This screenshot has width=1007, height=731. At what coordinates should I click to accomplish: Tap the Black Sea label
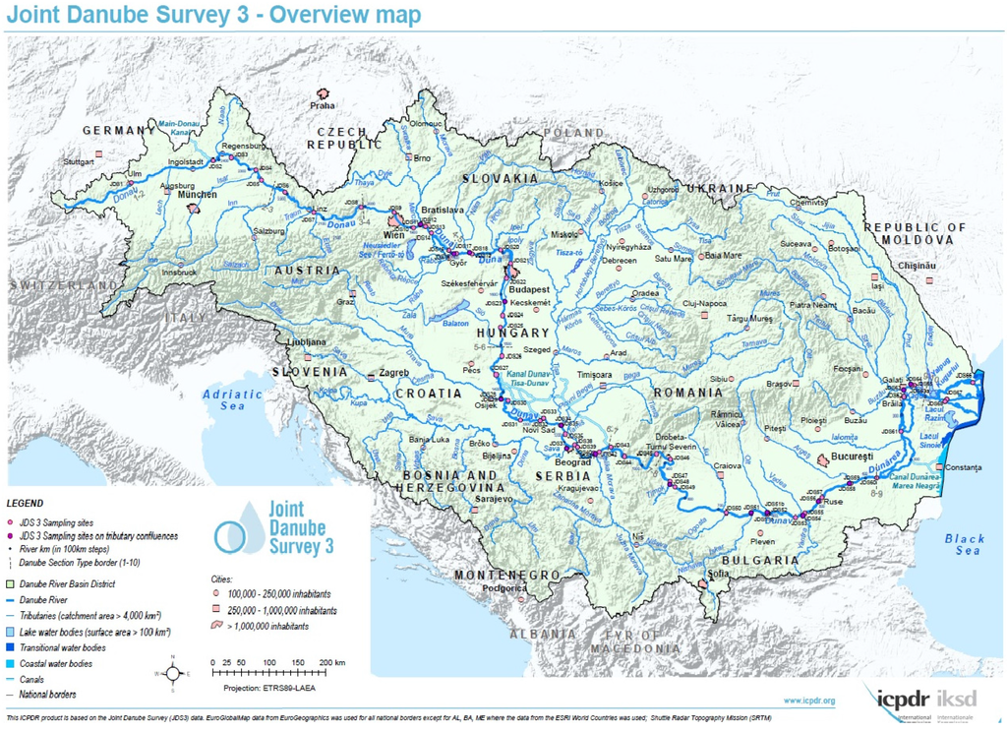963,544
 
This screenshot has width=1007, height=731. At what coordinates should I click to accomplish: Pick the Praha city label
323,105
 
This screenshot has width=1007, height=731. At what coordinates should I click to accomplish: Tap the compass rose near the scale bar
173,673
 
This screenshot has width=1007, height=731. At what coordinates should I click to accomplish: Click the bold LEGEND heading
25,503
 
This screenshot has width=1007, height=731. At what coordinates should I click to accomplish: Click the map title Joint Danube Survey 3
212,15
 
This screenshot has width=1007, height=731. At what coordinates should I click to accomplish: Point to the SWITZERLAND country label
61,283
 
